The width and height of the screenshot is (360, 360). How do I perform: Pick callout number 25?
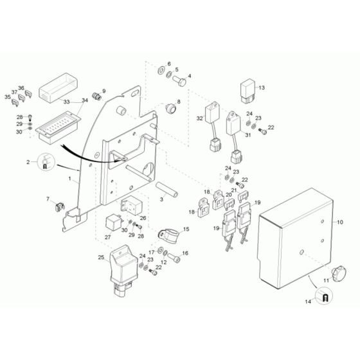tap(100, 257)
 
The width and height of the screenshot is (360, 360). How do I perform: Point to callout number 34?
tap(84, 100)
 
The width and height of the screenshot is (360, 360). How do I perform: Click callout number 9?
tap(105, 91)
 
